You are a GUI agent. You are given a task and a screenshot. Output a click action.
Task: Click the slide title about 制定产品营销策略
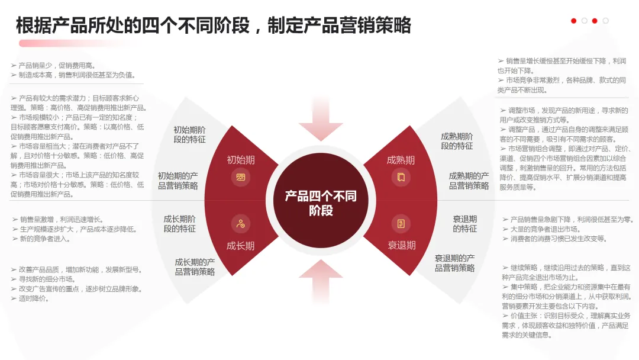tap(213, 25)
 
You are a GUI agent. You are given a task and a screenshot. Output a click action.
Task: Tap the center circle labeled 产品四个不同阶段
tap(321, 202)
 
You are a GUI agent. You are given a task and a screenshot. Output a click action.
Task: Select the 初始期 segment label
tap(241, 160)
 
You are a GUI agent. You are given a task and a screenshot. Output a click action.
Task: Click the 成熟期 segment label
tap(401, 160)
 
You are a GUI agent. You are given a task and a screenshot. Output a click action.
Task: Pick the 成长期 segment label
tap(241, 246)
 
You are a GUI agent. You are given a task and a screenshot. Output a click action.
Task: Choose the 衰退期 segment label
tap(402, 245)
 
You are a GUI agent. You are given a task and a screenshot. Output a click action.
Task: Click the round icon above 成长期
tap(241, 224)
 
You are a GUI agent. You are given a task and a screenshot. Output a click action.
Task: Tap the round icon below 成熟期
tap(401, 176)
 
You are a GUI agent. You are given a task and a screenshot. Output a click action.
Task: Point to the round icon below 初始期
tap(241, 176)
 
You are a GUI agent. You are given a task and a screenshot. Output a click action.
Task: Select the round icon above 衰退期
tap(401, 224)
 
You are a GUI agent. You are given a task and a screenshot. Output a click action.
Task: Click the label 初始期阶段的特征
tap(189, 134)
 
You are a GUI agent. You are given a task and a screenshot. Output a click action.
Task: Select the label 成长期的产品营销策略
tap(195, 266)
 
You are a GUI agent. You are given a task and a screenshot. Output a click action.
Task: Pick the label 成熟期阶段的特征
tap(457, 141)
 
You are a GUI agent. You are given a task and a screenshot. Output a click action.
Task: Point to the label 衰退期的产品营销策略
tap(454, 263)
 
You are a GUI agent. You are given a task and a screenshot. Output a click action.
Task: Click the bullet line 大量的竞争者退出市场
tap(545, 229)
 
